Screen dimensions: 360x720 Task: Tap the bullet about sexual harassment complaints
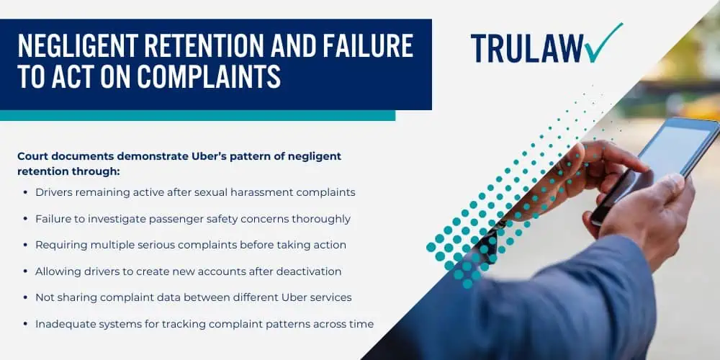195,192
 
